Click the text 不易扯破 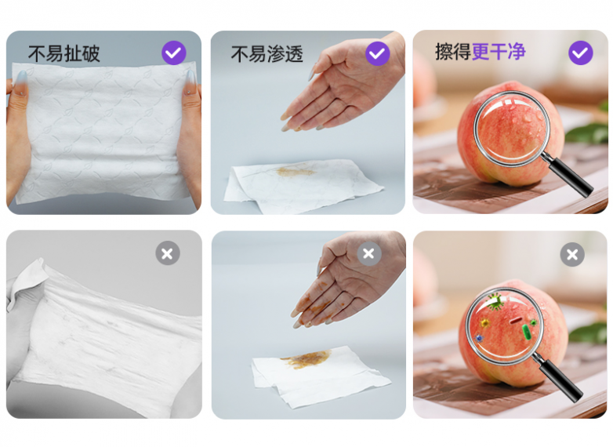tap(64, 53)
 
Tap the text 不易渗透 tap(267, 53)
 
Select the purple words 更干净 tap(499, 53)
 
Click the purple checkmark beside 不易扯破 tap(173, 53)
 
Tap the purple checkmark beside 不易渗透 tap(377, 53)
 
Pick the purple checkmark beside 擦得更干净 tap(580, 53)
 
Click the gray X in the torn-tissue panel tap(167, 253)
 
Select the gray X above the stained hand tap(369, 253)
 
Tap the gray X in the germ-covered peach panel tap(572, 254)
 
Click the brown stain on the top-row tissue tap(296, 170)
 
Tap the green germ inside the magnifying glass tap(495, 302)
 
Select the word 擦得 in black tap(452, 53)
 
